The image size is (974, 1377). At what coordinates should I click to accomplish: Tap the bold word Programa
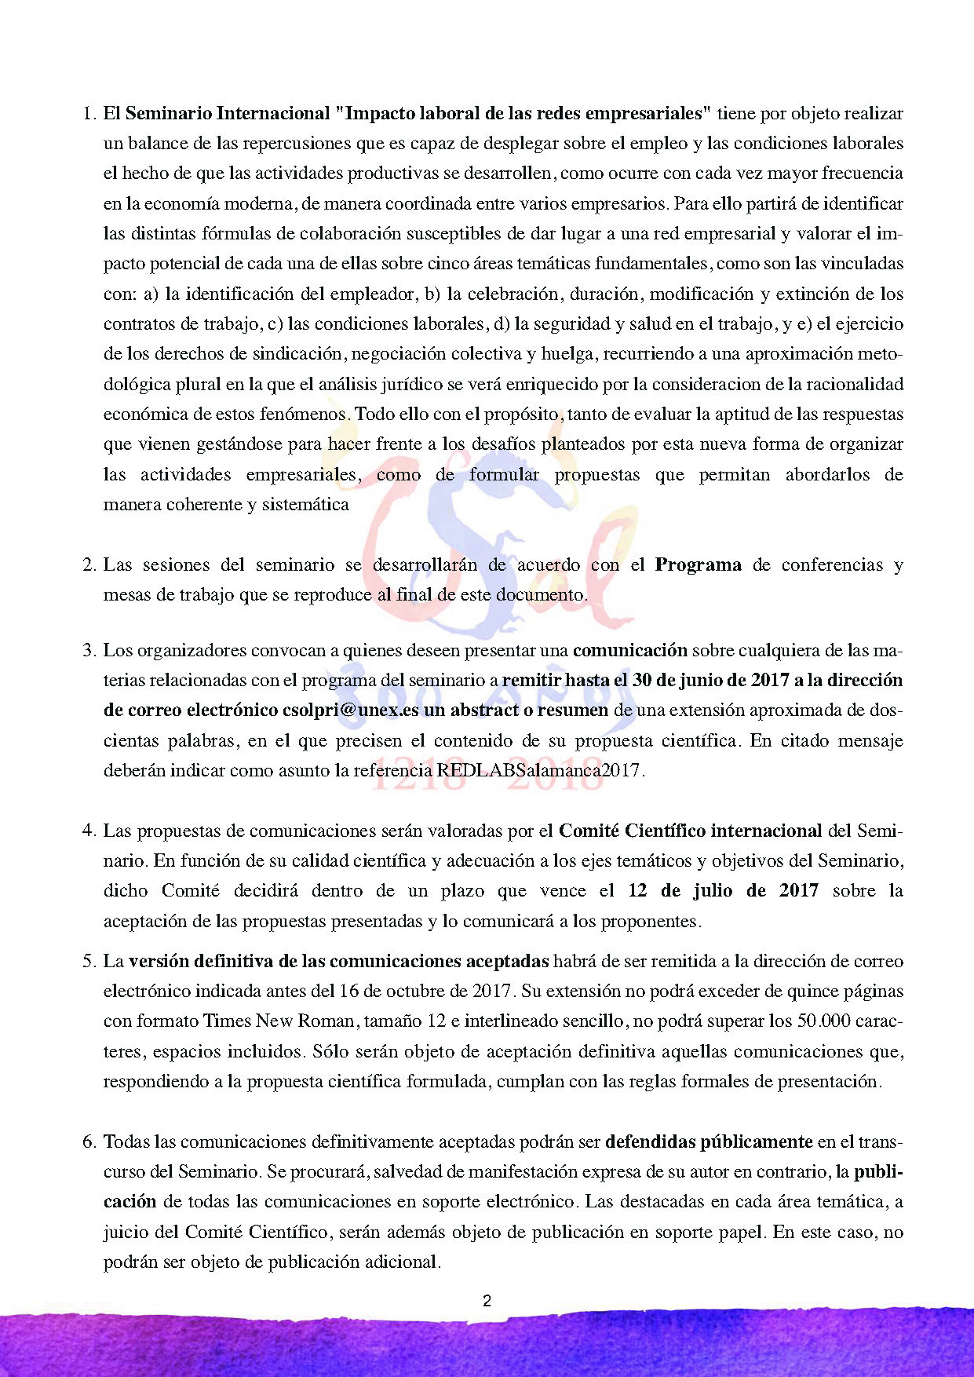(x=698, y=564)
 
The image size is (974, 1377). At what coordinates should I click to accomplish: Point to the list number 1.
(x=88, y=113)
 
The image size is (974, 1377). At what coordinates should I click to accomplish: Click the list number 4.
(x=88, y=830)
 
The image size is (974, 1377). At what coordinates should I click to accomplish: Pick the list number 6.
(x=88, y=1141)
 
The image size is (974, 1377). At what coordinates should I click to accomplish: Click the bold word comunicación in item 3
(x=629, y=650)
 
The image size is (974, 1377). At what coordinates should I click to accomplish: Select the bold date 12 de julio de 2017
(x=723, y=890)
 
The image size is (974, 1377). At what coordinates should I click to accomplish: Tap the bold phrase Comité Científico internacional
(x=690, y=830)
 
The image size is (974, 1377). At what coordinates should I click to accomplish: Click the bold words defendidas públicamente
(x=709, y=1141)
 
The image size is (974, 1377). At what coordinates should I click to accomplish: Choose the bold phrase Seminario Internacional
(x=227, y=113)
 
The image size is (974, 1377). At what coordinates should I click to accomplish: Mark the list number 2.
(x=88, y=564)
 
